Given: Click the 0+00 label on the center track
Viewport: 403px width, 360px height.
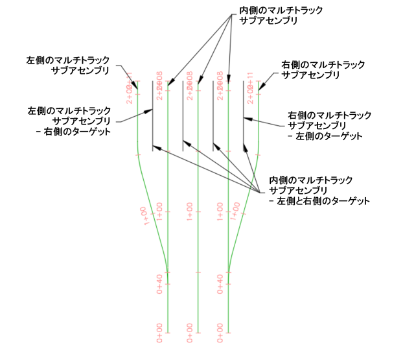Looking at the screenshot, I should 190,332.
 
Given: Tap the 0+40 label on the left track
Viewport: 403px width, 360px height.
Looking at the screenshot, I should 159,283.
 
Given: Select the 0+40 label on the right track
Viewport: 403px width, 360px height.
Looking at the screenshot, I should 220,283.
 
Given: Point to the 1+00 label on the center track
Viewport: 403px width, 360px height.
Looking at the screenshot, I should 190,212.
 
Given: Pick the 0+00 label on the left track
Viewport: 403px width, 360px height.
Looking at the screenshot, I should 159,332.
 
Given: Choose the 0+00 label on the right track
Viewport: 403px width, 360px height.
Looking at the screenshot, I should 220,332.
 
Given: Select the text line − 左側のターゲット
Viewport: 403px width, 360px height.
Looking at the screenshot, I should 324,136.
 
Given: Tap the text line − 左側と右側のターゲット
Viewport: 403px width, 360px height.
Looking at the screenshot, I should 319,201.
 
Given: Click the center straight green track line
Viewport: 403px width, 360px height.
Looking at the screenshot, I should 198,259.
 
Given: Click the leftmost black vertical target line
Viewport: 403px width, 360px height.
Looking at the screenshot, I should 152,117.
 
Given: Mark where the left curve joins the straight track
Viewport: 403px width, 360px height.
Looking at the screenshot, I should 167,272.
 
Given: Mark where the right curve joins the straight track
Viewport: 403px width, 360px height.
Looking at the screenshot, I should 228,272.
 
